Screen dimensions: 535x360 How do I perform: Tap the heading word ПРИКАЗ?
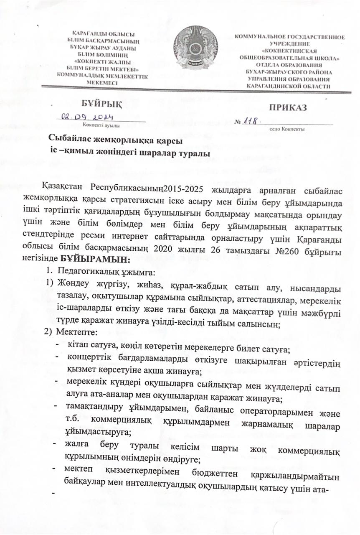[x=288, y=107]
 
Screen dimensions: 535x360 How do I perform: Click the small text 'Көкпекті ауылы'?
[x=102, y=125]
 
